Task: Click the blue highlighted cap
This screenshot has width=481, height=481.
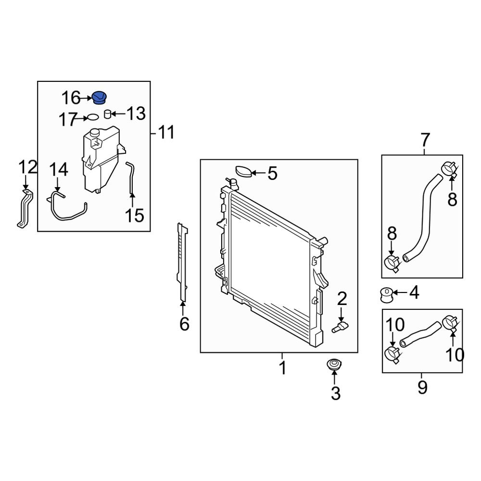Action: [x=100, y=97]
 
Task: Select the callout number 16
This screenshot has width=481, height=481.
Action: [x=71, y=99]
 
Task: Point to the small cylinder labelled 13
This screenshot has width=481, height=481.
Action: [x=108, y=114]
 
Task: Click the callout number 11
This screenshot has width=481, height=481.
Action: [x=166, y=132]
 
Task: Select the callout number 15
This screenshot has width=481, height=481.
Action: [x=135, y=215]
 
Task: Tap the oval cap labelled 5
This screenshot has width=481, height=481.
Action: [x=244, y=171]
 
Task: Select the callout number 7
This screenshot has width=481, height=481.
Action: [x=425, y=140]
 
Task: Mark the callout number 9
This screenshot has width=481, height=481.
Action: [x=422, y=387]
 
